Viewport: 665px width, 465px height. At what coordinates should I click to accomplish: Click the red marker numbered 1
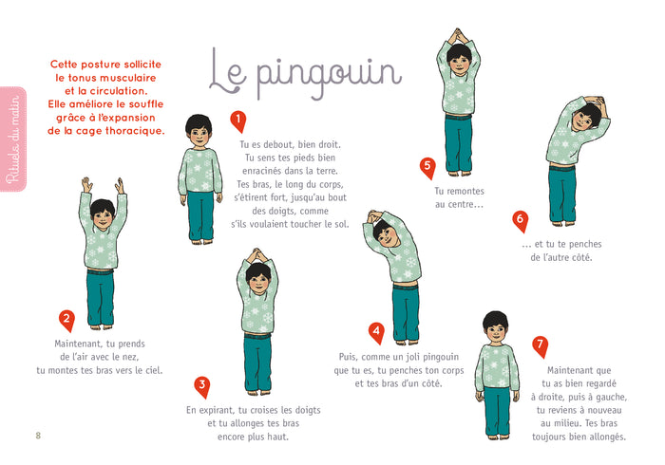point(237,121)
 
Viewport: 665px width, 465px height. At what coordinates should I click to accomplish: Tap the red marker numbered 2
point(66,321)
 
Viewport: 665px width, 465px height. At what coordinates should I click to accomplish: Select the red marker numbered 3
point(201,385)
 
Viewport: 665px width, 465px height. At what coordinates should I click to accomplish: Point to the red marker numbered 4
point(376,332)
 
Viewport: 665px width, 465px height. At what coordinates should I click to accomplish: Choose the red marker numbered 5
point(427,168)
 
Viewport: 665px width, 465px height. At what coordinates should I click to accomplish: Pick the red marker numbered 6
point(520,220)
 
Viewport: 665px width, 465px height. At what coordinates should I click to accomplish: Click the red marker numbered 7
point(541,344)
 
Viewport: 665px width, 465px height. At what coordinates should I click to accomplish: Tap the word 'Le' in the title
point(229,70)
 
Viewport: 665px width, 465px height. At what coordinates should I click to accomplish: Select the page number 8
point(38,436)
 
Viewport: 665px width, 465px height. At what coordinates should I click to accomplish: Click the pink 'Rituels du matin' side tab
point(12,137)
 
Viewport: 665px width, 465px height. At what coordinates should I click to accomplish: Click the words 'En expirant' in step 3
point(213,410)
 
